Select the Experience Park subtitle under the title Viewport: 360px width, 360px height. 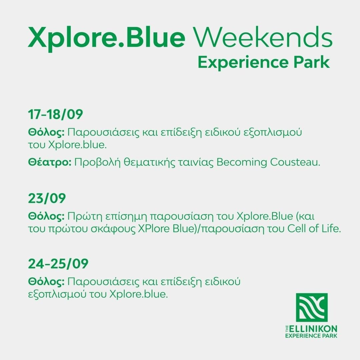click(264, 62)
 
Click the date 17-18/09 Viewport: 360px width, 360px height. click(55, 114)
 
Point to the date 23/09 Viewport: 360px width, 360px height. click(47, 198)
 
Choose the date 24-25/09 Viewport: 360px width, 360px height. click(58, 264)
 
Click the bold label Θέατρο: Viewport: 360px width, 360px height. click(50, 162)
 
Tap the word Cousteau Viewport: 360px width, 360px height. click(295, 162)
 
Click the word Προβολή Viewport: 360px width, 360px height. click(98, 163)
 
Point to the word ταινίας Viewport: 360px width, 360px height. click(196, 163)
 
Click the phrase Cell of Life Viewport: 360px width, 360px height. click(314, 228)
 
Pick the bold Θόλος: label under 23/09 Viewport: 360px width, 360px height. click(46, 216)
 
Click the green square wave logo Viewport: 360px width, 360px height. click(312, 307)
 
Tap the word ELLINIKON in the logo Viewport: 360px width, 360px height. click(313, 329)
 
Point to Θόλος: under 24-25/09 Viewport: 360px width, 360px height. click(46, 282)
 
